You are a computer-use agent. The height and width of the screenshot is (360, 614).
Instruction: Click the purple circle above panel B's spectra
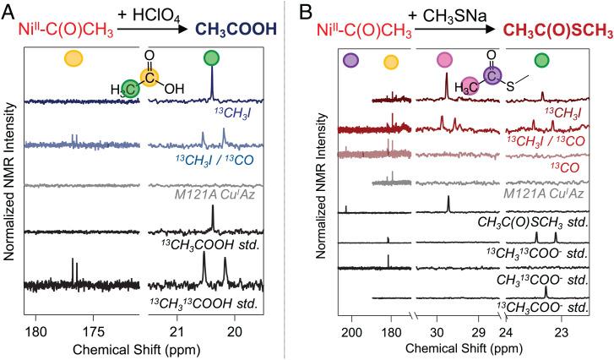click(x=351, y=60)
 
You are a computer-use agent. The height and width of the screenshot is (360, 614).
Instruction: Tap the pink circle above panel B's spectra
click(x=444, y=60)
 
